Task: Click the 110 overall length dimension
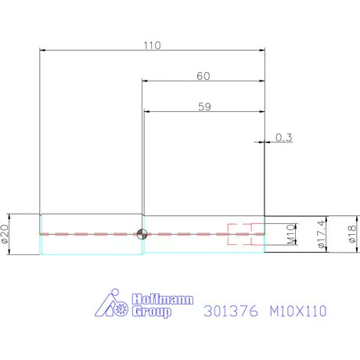(x=152, y=45)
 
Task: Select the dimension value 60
(x=203, y=76)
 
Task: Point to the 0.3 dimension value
(x=284, y=138)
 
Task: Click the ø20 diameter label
(x=6, y=234)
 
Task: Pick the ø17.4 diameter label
(x=320, y=234)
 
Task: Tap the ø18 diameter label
(x=351, y=234)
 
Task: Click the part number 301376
(x=226, y=311)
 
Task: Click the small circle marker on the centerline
(x=142, y=233)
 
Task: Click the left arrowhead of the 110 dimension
(x=43, y=51)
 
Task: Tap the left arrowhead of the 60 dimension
(x=146, y=81)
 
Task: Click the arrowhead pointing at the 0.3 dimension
(x=259, y=142)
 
